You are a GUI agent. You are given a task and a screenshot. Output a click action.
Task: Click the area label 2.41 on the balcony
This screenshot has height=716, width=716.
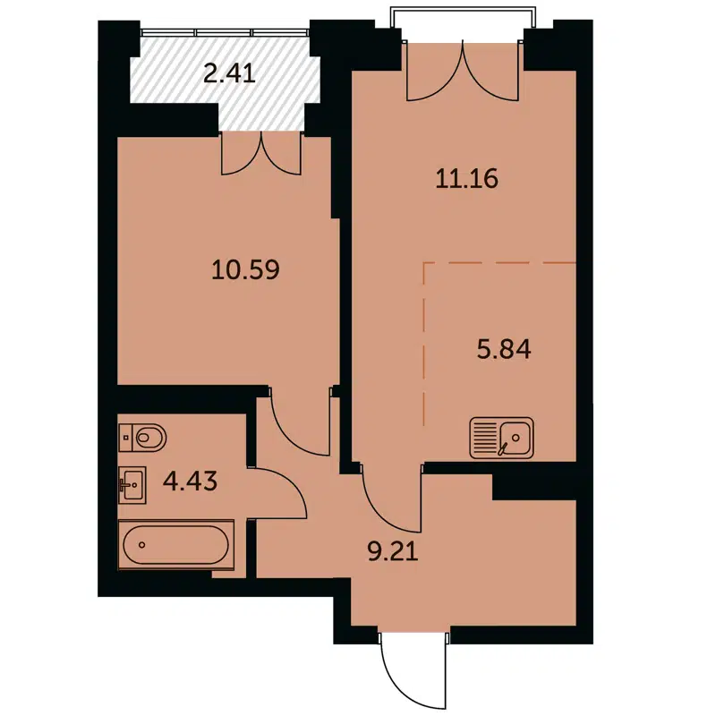pyautogui.click(x=230, y=72)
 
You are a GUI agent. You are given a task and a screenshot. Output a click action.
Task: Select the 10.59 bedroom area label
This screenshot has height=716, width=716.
pyautogui.click(x=246, y=268)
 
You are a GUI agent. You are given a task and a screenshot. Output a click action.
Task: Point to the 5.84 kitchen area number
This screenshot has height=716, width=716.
pyautogui.click(x=503, y=349)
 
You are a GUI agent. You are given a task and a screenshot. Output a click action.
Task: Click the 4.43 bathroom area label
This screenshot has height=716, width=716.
pyautogui.click(x=192, y=483)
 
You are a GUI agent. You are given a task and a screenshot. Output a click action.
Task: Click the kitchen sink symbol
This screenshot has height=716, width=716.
pyautogui.click(x=501, y=438)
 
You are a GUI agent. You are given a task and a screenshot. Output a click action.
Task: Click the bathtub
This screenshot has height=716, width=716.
pyautogui.click(x=175, y=544)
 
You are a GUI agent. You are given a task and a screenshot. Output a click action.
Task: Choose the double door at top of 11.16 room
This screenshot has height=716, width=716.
pyautogui.click(x=463, y=72)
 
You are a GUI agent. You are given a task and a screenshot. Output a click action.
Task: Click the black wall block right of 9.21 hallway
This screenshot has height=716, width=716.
pyautogui.click(x=534, y=486)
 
